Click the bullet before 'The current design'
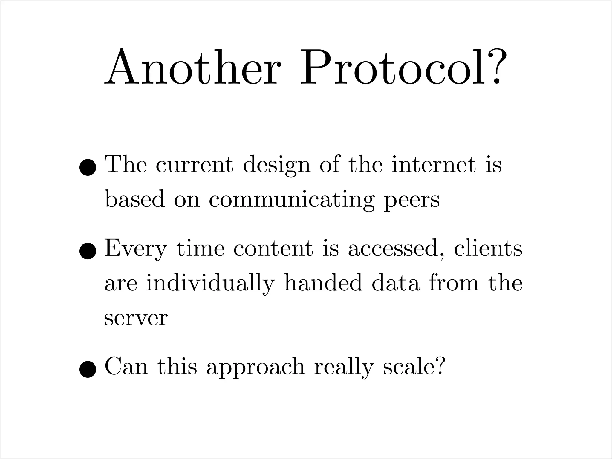click(x=88, y=167)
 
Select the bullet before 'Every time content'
click(x=88, y=251)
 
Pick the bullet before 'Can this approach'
click(x=88, y=369)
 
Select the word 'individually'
click(x=210, y=283)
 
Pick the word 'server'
click(x=136, y=319)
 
